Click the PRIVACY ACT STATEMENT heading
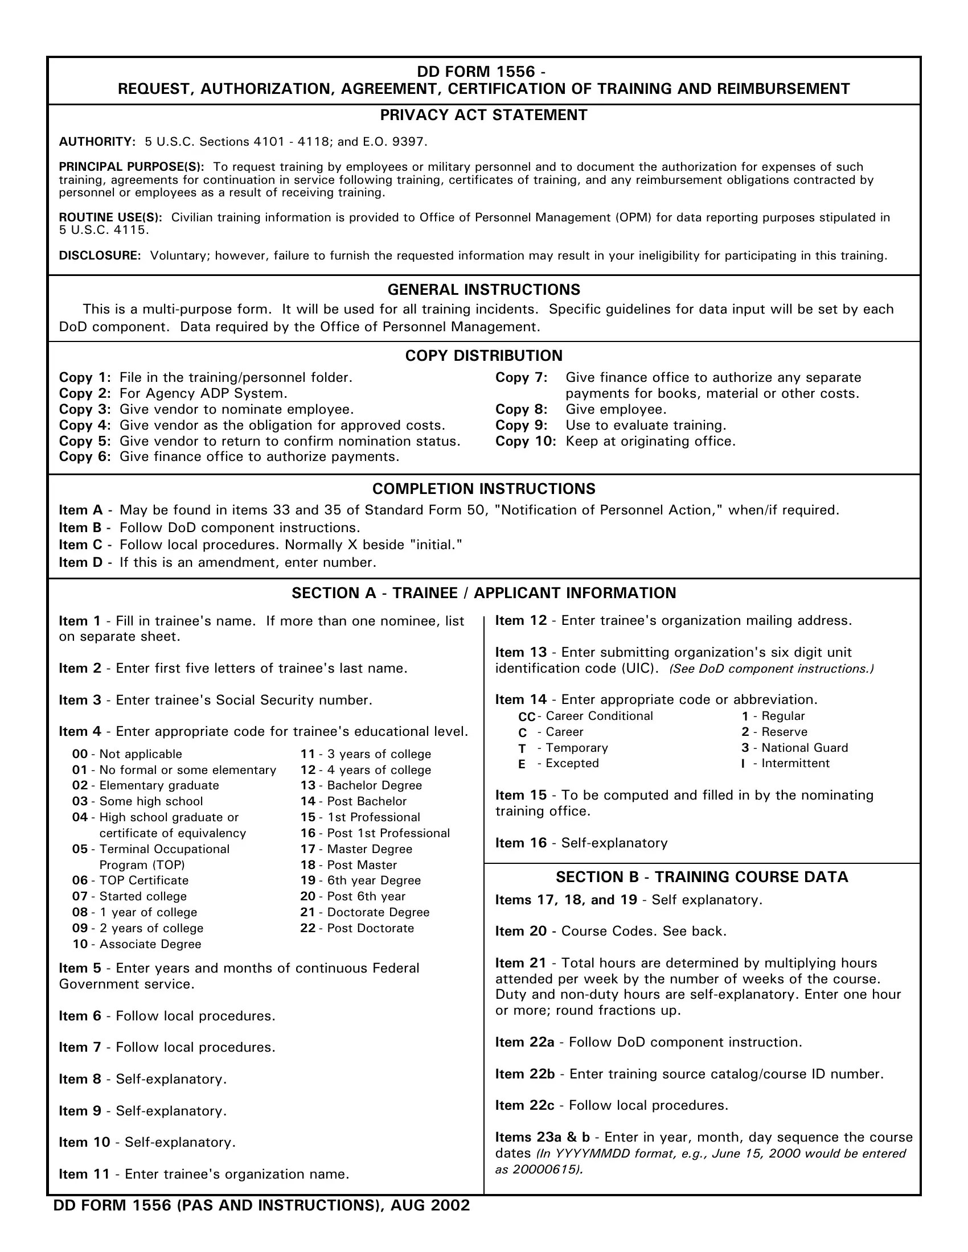point(483,115)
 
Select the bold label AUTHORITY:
point(97,142)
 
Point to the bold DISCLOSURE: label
point(100,256)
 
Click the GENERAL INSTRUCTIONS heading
point(483,290)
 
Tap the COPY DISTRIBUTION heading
point(483,356)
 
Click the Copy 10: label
point(526,442)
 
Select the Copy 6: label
point(84,457)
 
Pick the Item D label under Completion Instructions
point(81,562)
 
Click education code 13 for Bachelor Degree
point(308,786)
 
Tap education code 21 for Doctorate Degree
point(308,913)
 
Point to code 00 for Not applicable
point(80,755)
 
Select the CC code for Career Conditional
point(527,717)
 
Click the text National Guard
point(804,748)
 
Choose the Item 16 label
point(520,843)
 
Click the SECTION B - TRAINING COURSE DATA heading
point(702,877)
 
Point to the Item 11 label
point(84,1174)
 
